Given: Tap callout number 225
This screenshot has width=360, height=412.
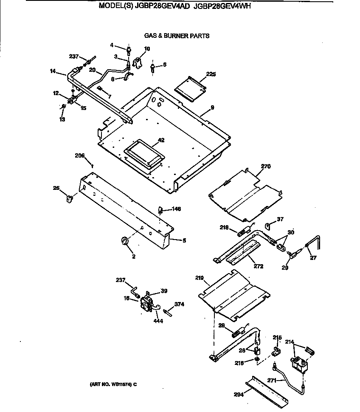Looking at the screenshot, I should (x=211, y=74).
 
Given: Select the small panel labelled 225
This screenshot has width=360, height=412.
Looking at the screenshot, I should (x=191, y=89).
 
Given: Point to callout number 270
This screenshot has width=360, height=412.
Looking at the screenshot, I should (x=266, y=166).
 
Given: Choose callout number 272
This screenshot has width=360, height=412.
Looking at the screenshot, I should (x=258, y=267).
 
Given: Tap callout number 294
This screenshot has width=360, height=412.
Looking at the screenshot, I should (x=239, y=394).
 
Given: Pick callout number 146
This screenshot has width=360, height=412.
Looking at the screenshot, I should (x=177, y=209).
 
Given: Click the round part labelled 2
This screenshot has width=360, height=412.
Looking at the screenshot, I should (x=125, y=242).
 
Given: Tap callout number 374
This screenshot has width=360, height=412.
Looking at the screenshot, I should (x=180, y=304).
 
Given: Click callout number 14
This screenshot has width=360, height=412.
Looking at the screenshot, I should (x=53, y=71).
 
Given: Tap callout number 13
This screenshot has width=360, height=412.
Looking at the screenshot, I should (x=62, y=119).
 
